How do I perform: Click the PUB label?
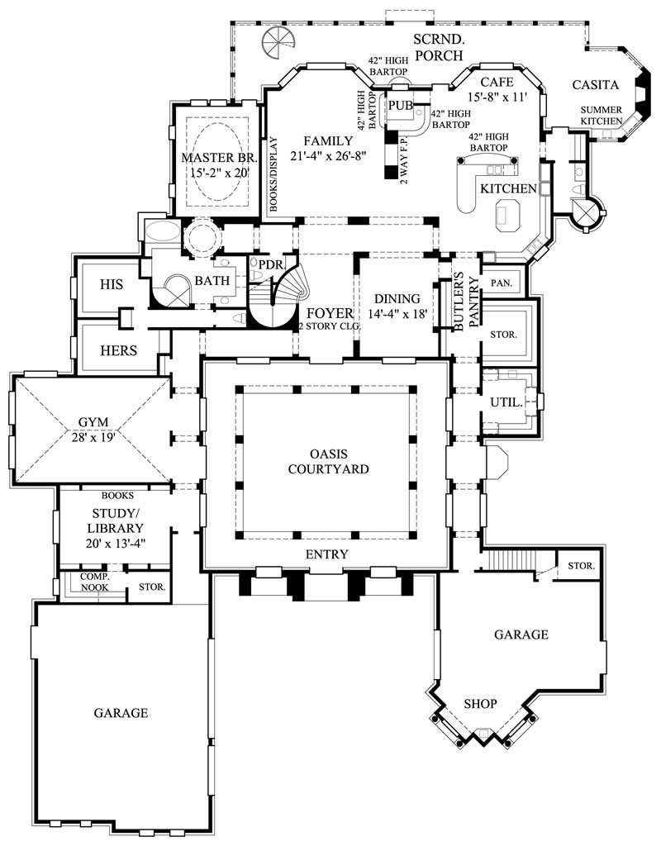point(401,105)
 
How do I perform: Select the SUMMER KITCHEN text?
point(601,116)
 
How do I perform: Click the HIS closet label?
point(111,284)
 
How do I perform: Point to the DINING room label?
point(397,299)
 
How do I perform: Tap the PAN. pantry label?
point(501,283)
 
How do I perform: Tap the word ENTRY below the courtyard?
point(327,554)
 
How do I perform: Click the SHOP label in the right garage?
point(480,704)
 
